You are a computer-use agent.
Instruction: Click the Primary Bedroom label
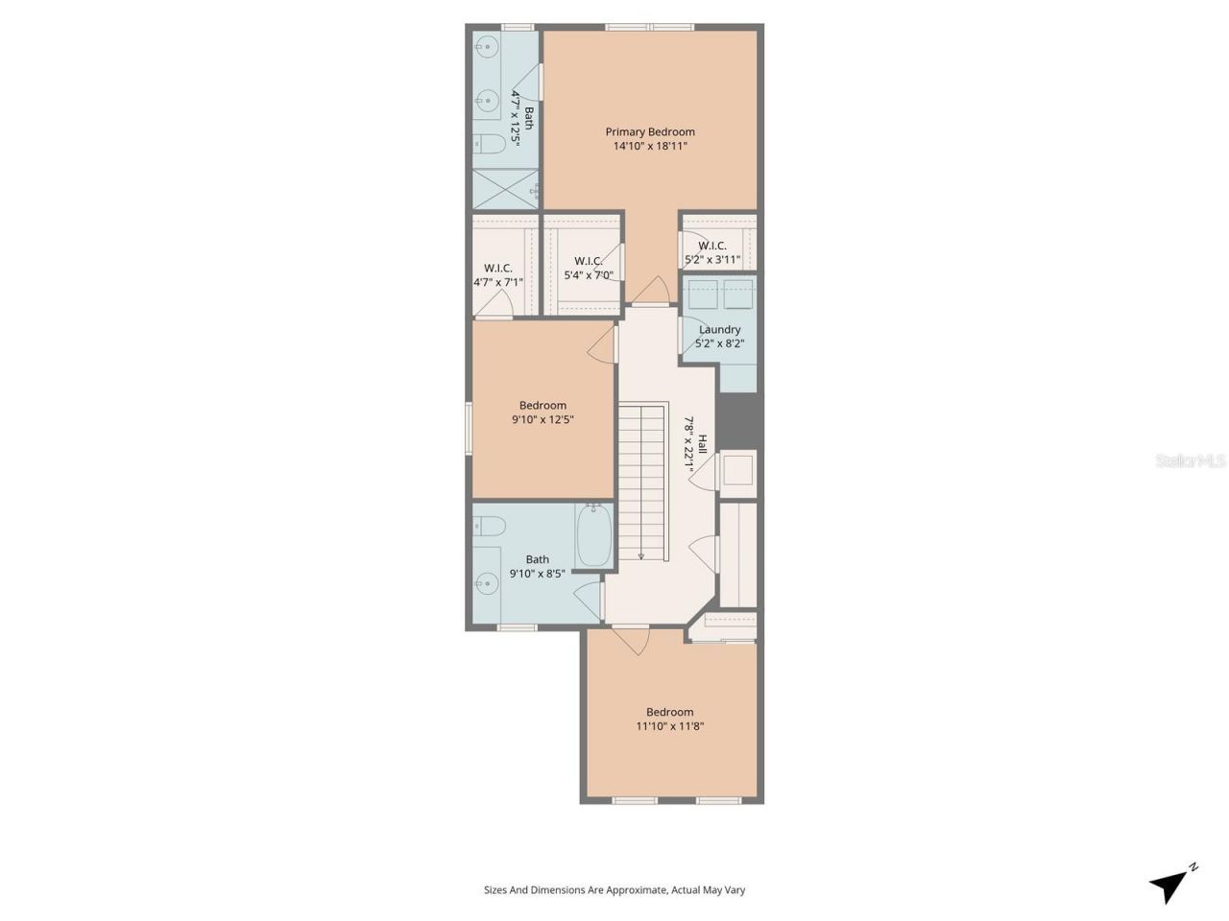649,131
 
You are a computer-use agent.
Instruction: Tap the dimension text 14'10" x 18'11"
649,147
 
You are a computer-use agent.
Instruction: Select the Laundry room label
719,329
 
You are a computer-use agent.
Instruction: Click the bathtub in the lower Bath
591,536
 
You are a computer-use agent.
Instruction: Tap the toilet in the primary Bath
490,145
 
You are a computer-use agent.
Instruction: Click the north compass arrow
1170,884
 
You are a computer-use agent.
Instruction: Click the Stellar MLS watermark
1190,460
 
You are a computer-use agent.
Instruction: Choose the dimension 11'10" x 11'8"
669,726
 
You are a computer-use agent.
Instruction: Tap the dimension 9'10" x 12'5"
542,419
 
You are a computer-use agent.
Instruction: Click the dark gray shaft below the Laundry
737,420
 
